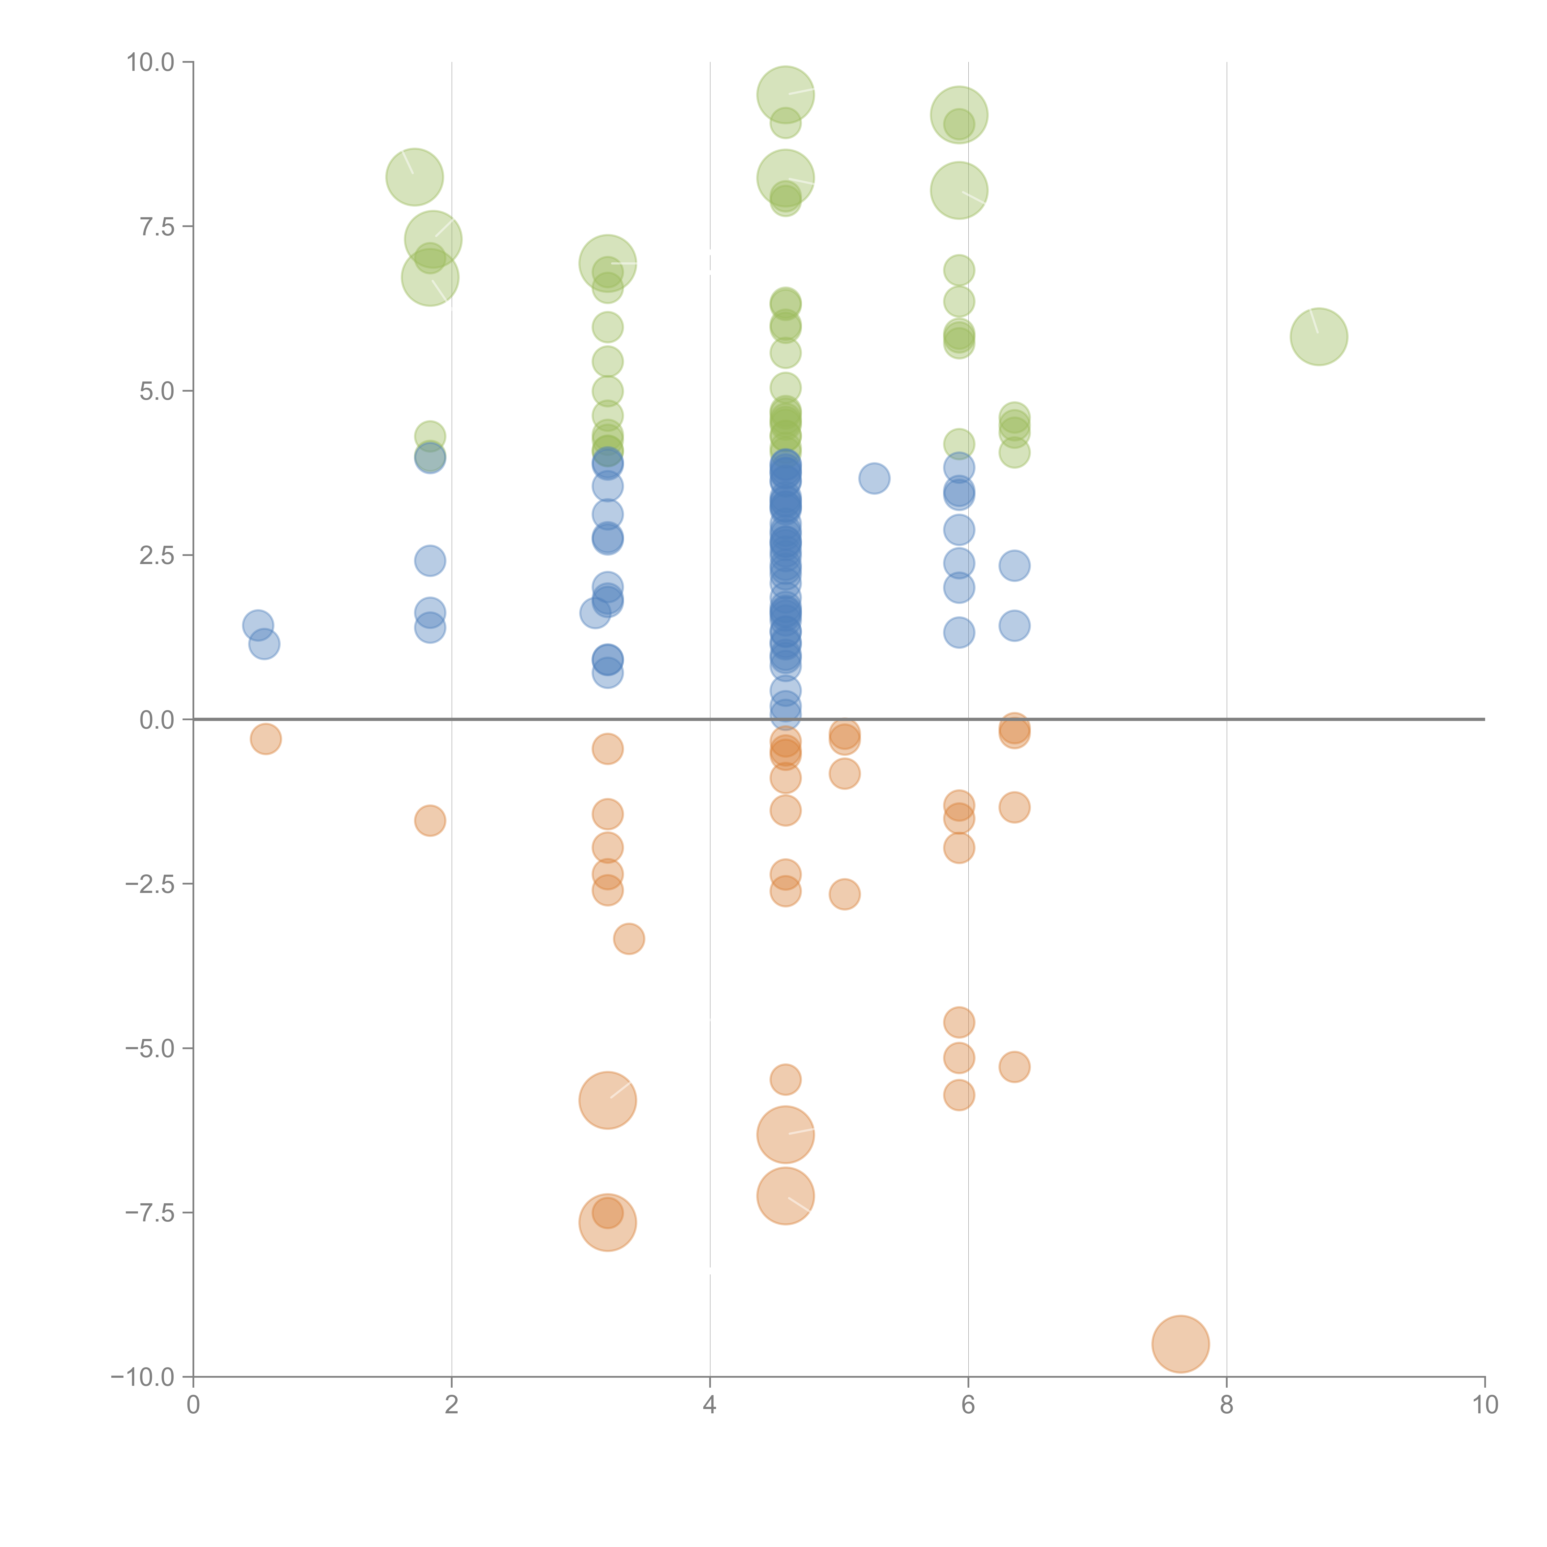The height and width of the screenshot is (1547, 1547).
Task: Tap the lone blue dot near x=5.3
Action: click(874, 479)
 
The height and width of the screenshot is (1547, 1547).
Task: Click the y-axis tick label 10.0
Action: click(151, 62)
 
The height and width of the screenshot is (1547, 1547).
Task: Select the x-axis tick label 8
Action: click(1227, 1405)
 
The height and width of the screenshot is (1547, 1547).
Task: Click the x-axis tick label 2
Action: click(452, 1405)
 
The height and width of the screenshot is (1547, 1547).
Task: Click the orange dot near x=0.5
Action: click(266, 738)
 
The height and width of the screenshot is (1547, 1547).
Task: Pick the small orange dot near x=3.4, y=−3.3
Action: click(629, 938)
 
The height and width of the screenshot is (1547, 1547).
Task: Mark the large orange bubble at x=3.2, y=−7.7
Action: click(608, 1223)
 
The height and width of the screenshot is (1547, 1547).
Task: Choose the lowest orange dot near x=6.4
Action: click(1015, 1067)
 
